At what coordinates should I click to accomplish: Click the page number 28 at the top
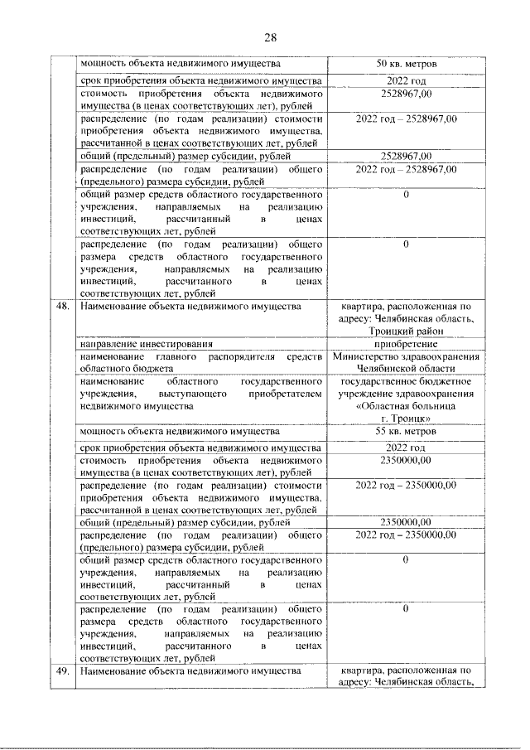(x=270, y=36)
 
